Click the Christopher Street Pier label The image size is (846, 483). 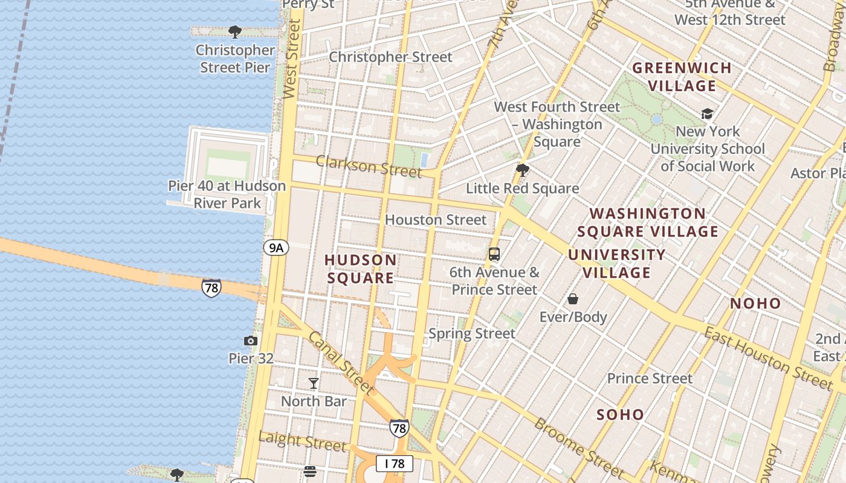point(235,59)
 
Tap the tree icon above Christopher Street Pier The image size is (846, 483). point(235,32)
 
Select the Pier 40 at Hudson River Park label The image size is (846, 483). point(227,194)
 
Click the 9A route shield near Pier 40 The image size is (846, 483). point(276,247)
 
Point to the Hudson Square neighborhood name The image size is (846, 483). point(361,269)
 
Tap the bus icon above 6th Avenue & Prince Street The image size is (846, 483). point(494,254)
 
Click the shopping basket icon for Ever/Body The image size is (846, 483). point(573,299)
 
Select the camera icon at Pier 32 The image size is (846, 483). point(251,341)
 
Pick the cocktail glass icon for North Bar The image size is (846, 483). point(314,383)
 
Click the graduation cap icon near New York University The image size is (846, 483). point(707,114)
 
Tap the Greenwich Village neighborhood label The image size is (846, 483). point(682,77)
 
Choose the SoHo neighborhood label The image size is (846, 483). point(620,415)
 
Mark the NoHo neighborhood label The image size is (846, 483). point(755,304)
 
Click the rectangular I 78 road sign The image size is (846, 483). point(395,464)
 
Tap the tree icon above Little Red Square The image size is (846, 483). point(523,170)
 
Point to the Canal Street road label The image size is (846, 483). point(341,362)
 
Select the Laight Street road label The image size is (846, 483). point(302,441)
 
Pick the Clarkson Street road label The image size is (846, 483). point(369,166)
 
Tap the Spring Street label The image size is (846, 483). point(472,333)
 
